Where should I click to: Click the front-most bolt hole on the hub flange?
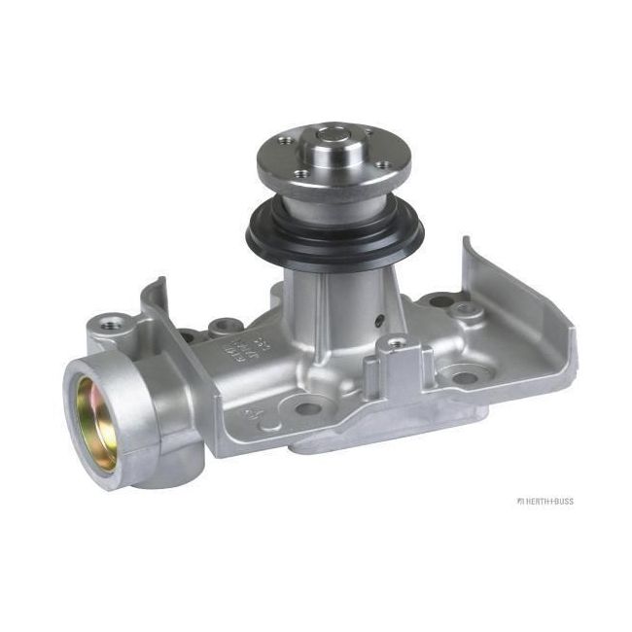[x=302, y=174]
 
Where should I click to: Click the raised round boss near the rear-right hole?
[x=465, y=312]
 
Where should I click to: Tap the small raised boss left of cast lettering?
[x=221, y=326]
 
